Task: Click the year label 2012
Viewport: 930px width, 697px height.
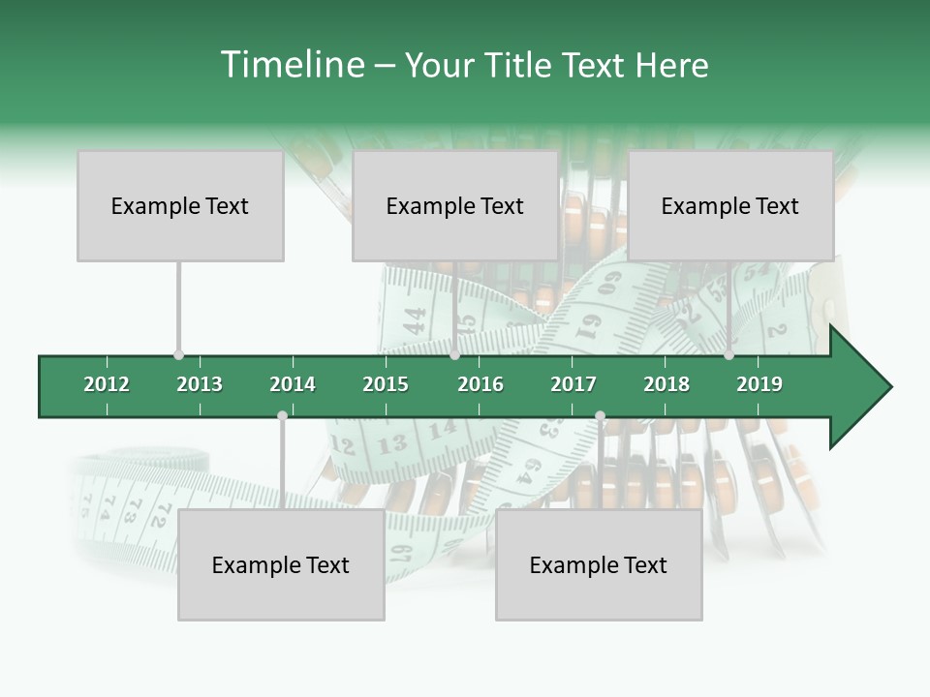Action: (107, 384)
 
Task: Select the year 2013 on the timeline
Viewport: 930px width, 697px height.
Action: (200, 384)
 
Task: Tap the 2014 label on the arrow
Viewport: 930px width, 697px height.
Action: (293, 384)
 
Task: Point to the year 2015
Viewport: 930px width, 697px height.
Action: (386, 384)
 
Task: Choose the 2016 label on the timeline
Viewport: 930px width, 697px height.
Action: (480, 384)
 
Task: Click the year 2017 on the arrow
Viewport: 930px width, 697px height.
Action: (573, 384)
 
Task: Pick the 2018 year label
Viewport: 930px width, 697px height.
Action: (666, 384)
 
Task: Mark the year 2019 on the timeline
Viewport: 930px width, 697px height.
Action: (759, 384)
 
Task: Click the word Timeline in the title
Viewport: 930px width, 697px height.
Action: (292, 65)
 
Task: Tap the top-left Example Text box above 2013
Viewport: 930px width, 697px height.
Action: (180, 205)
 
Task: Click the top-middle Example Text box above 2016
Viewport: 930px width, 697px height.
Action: (455, 205)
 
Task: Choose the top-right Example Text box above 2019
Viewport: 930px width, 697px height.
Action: (730, 205)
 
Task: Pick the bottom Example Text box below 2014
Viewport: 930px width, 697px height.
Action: (281, 564)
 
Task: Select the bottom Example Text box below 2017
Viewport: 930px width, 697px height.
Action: (599, 564)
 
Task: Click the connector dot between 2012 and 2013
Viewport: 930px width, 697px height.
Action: (178, 355)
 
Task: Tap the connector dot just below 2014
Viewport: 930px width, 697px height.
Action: (282, 415)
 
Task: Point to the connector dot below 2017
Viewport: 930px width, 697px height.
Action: (600, 415)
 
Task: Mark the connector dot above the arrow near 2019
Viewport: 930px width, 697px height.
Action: (728, 355)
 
